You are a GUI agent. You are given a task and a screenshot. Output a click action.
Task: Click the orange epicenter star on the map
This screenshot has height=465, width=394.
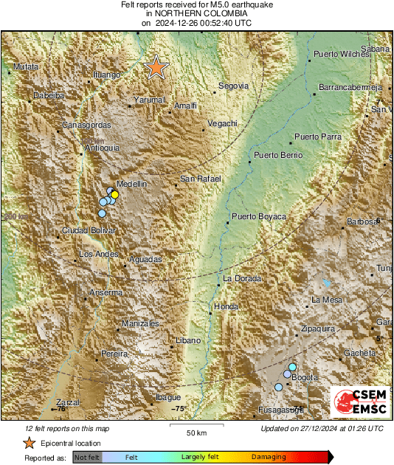156,67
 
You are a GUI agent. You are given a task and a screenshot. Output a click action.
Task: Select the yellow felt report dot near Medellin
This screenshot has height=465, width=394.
114,194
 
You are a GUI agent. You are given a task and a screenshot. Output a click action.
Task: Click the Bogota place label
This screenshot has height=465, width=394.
305,378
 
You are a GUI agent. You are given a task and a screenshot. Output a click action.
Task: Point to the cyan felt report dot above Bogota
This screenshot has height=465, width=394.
293,367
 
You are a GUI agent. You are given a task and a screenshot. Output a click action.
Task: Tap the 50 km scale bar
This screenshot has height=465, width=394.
195,426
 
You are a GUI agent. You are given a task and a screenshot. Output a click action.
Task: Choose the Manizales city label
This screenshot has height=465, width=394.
141,324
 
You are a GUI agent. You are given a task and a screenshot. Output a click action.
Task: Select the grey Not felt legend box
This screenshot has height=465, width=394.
87,458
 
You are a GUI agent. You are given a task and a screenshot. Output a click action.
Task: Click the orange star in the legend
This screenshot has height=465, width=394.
28,443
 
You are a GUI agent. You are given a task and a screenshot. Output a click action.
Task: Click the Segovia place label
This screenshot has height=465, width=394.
234,86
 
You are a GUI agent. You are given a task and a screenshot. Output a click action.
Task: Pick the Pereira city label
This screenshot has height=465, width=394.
114,354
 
